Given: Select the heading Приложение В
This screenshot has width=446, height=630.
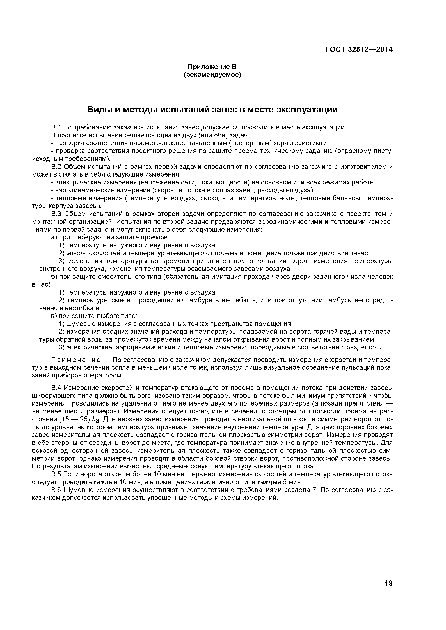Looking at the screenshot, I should coord(212,67).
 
